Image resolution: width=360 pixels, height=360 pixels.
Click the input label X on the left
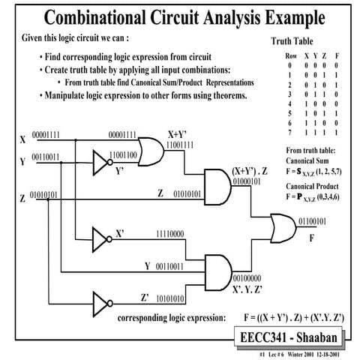tap(22, 140)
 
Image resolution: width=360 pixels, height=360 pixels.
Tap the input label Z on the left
tap(22, 199)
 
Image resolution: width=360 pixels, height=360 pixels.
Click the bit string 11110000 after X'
tap(169, 234)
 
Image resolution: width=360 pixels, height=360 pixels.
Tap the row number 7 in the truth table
tap(275, 131)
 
